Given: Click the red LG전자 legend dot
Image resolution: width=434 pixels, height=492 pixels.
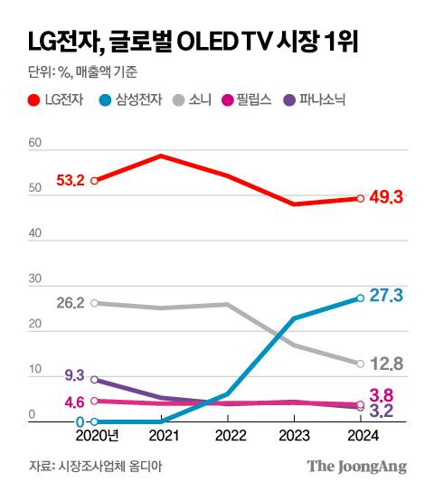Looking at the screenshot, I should coord(34,100).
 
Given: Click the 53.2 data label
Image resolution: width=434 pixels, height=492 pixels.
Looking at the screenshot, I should coord(70,180).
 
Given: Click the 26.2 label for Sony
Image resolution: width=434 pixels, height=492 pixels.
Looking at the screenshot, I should coord(70,303).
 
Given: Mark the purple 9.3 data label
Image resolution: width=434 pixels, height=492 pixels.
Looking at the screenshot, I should coord(75,374).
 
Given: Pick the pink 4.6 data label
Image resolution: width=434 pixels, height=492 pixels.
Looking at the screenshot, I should coord(75,402).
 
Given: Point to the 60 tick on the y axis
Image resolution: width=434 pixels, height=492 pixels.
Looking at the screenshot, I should coord(35,143).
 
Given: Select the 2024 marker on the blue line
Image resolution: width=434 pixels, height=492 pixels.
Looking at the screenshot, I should coord(360,298).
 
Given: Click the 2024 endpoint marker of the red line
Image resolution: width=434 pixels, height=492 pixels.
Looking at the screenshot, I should coord(360,199).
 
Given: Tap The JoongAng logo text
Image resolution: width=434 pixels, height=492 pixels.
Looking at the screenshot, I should coord(357,467).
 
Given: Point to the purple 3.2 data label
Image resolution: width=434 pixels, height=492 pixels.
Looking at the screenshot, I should coord(387,412).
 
